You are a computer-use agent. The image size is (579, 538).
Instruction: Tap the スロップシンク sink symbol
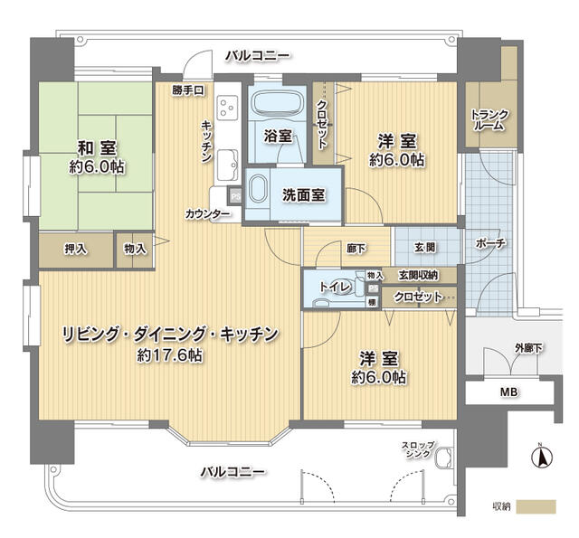(x=442, y=459)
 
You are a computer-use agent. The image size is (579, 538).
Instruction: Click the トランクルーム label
(x=489, y=120)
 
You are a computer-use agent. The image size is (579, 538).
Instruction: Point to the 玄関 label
(x=425, y=246)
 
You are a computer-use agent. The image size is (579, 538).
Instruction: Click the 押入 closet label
(x=75, y=249)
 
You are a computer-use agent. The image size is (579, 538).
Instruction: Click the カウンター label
(x=207, y=214)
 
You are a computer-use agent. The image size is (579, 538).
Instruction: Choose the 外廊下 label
(x=528, y=347)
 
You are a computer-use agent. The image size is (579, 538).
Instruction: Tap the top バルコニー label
(x=258, y=55)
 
